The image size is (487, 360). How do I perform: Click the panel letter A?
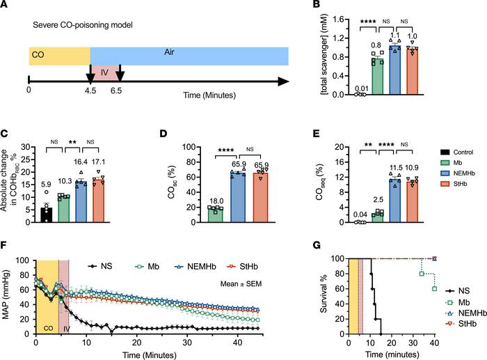7,6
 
